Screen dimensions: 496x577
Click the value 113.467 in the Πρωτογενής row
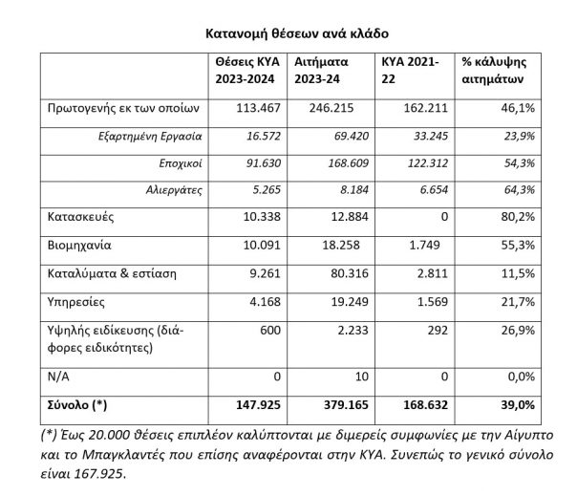[x=257, y=110]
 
